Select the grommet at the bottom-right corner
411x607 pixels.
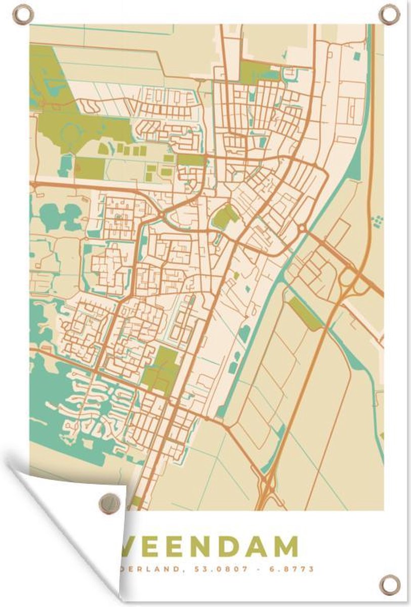tap(390, 585)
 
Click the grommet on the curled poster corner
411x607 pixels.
tap(107, 502)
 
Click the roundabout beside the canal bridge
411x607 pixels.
tap(302, 229)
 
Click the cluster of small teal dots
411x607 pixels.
tap(377, 221)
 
